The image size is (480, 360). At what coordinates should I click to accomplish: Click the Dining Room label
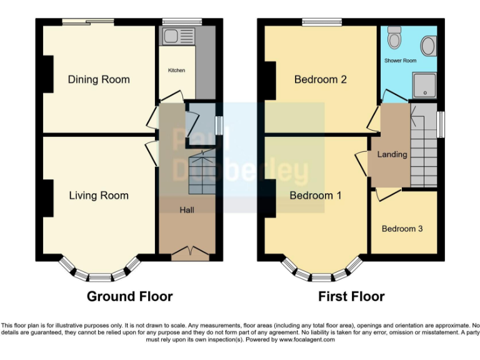point(99,79)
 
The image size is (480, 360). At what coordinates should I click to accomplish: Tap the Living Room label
point(99,196)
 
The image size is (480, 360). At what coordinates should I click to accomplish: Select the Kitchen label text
point(176,71)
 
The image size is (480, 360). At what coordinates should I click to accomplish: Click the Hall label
point(187,210)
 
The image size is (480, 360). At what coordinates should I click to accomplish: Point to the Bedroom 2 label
point(321,79)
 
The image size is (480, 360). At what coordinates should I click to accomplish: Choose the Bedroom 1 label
point(316,196)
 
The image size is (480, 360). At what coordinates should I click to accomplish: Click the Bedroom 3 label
point(402,229)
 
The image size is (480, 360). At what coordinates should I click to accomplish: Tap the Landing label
point(392,154)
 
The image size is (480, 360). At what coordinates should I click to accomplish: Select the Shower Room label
point(400,61)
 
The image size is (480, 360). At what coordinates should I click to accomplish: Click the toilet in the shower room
point(394,39)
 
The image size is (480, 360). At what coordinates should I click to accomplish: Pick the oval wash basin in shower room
point(429,45)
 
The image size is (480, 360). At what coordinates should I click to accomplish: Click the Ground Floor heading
point(129,296)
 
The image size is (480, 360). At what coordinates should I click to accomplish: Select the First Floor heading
point(351,296)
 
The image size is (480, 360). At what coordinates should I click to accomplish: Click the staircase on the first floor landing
point(424,147)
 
